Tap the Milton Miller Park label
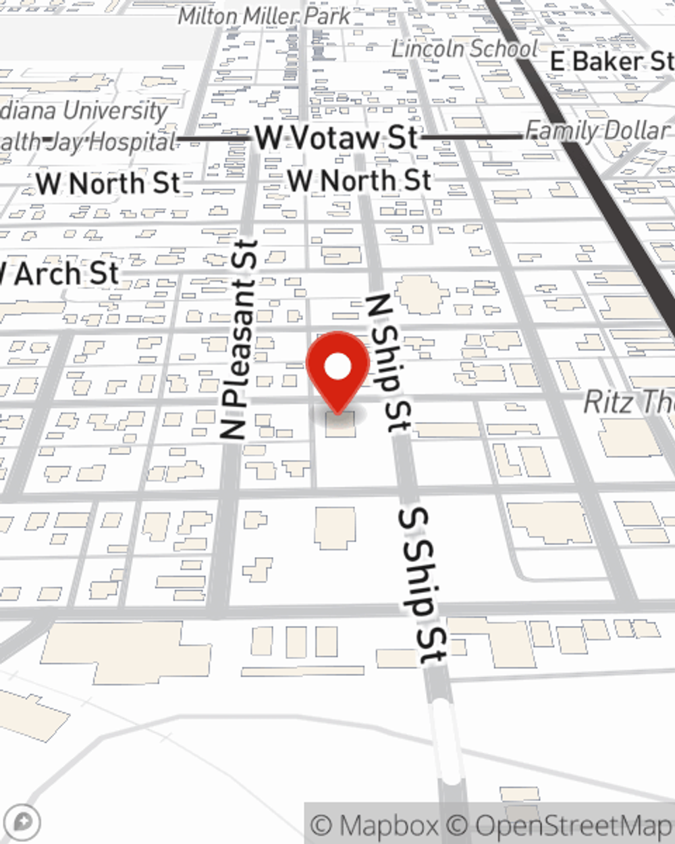[x=264, y=16]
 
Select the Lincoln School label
[x=464, y=49]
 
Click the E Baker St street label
[x=611, y=61]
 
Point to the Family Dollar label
[x=597, y=130]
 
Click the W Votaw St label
[x=336, y=138]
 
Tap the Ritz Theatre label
[x=628, y=402]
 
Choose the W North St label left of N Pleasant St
[x=108, y=184]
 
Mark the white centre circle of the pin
[x=337, y=367]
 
